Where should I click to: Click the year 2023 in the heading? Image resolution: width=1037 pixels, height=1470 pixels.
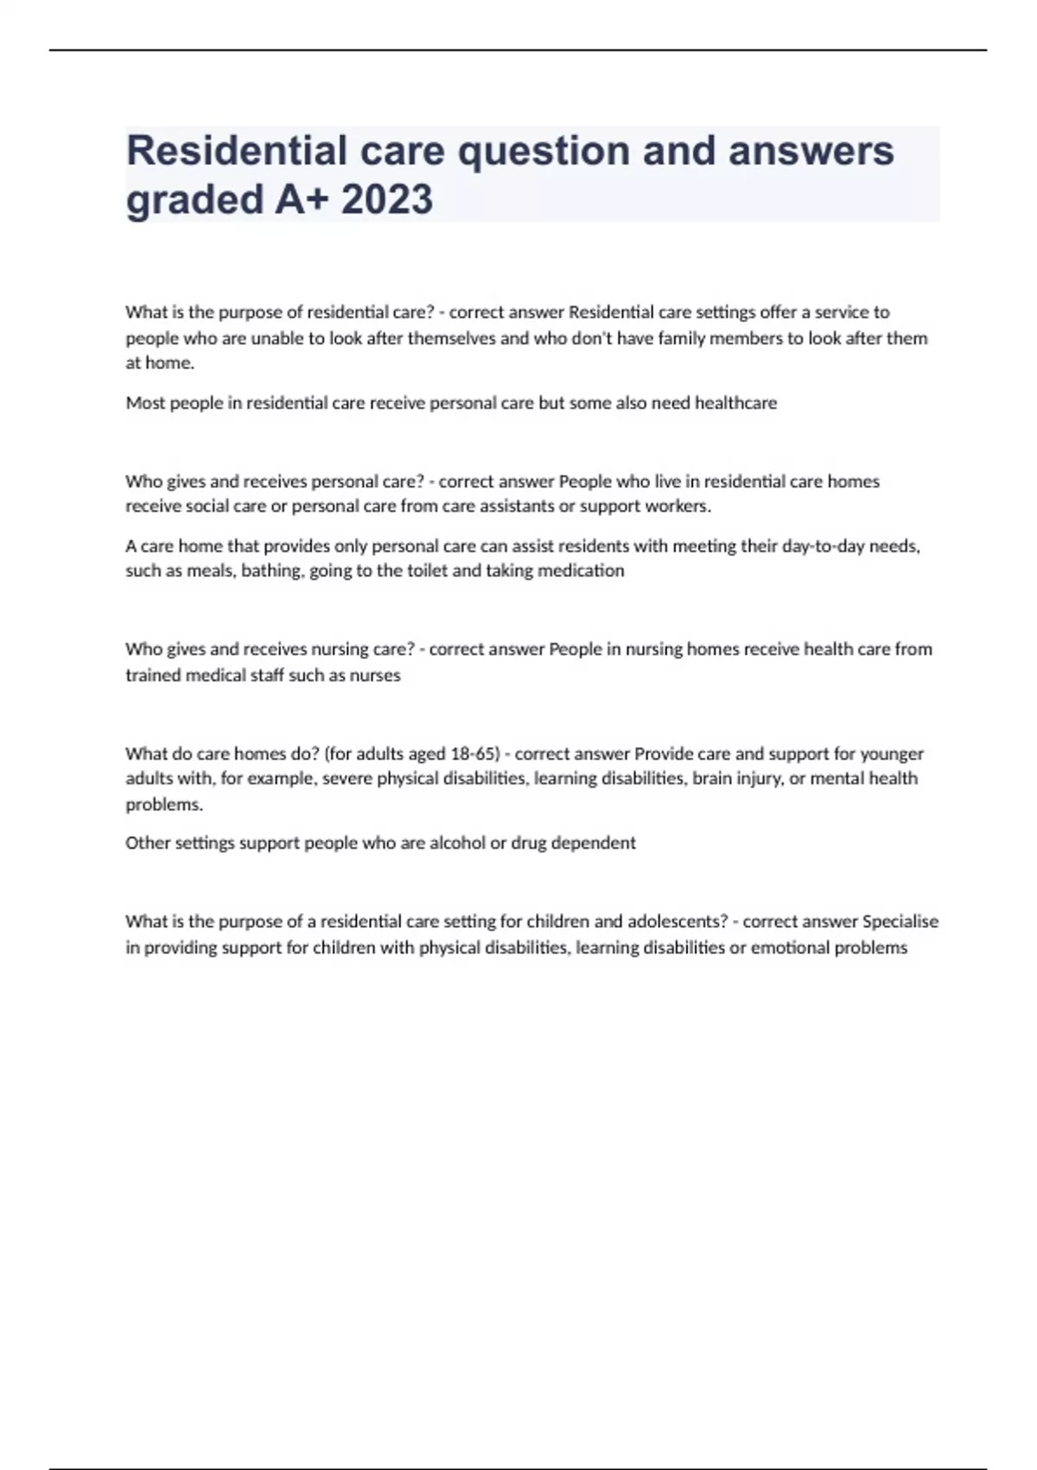(x=386, y=200)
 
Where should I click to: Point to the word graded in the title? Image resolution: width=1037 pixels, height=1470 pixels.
(x=194, y=200)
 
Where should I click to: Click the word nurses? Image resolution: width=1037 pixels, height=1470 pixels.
(x=374, y=675)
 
